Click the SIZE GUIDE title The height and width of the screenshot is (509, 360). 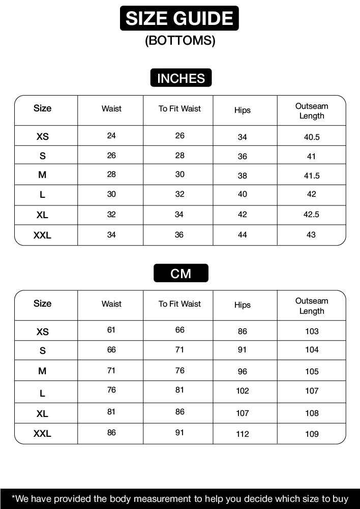pyautogui.click(x=179, y=19)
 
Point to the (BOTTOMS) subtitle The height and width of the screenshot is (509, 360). pyautogui.click(x=180, y=41)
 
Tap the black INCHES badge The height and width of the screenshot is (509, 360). pyautogui.click(x=181, y=78)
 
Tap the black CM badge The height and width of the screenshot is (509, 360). pyautogui.click(x=181, y=274)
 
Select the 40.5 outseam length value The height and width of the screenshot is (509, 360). pyautogui.click(x=311, y=137)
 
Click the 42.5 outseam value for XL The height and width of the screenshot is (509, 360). pyautogui.click(x=311, y=215)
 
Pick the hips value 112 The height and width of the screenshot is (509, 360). pyautogui.click(x=243, y=434)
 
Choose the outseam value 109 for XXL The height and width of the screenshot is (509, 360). pyautogui.click(x=312, y=434)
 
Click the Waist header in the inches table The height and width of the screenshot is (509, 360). pyautogui.click(x=111, y=109)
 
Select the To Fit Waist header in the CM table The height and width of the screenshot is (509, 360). pyautogui.click(x=179, y=304)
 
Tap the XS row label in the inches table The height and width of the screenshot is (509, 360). pyautogui.click(x=43, y=137)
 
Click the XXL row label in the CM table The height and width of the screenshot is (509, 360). pyautogui.click(x=43, y=434)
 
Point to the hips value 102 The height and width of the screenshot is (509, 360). pyautogui.click(x=243, y=391)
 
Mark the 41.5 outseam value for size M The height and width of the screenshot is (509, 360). pyautogui.click(x=311, y=176)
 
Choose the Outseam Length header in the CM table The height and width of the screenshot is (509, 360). pyautogui.click(x=312, y=306)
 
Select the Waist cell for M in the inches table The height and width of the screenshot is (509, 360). pyautogui.click(x=111, y=174)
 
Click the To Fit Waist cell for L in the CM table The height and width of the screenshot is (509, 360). pyautogui.click(x=179, y=390)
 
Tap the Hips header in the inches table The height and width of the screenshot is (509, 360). pyautogui.click(x=243, y=110)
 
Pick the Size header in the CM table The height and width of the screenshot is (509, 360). pyautogui.click(x=43, y=304)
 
